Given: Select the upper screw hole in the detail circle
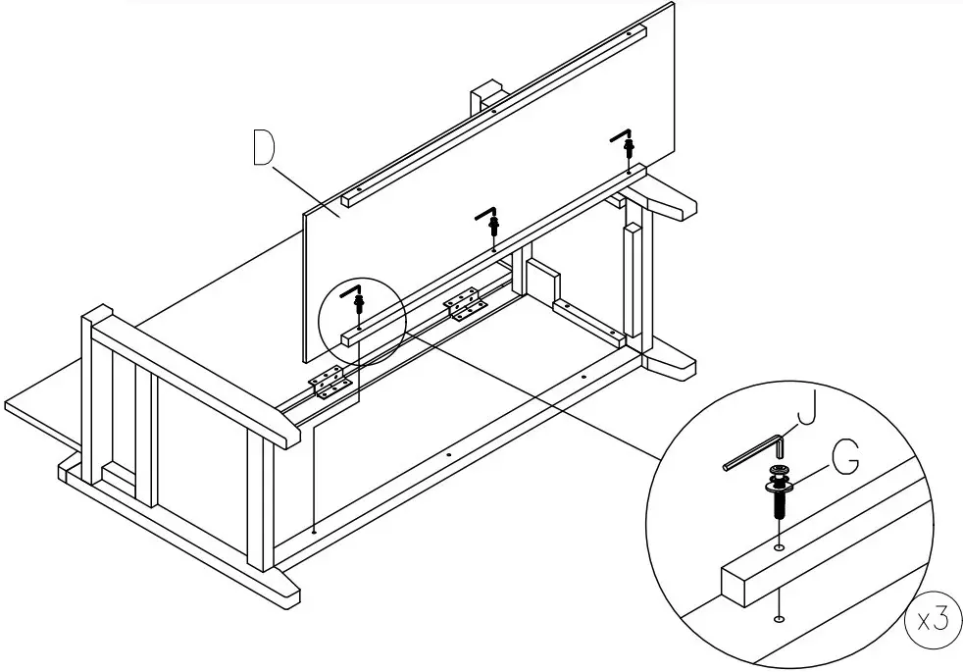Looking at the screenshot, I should pos(780,545).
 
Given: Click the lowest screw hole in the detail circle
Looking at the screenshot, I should pos(779,618).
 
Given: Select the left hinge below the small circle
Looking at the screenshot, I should pos(329,384).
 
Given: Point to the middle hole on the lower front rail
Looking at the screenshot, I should pos(448,454).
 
